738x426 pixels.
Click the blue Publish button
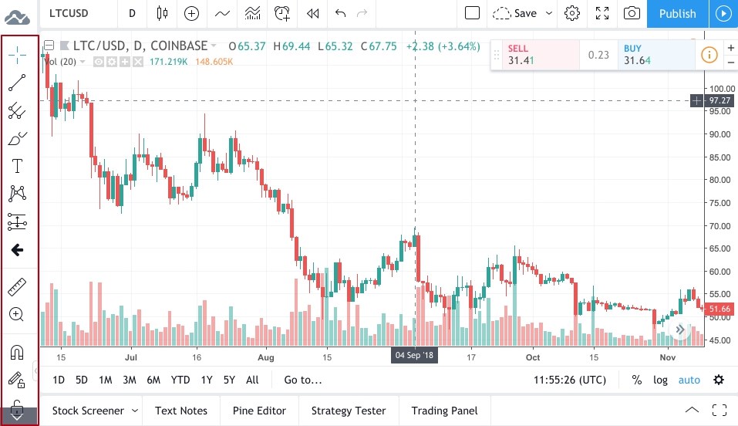tap(677, 13)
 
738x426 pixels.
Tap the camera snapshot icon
tap(632, 13)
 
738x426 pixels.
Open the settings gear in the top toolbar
tap(572, 13)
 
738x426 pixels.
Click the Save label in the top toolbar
tap(525, 13)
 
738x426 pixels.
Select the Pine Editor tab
tap(259, 411)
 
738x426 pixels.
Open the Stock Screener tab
tap(88, 411)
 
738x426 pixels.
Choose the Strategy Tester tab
tap(348, 411)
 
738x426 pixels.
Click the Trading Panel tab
tap(444, 411)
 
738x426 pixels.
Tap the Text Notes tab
tap(181, 411)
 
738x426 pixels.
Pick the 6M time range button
tap(153, 380)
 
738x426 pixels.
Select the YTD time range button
tap(180, 380)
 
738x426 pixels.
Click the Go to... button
tap(303, 380)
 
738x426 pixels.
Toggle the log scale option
tap(660, 380)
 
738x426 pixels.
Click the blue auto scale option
tap(689, 380)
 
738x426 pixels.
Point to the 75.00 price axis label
tap(719, 202)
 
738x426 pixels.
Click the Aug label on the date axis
tap(266, 357)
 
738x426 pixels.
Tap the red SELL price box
tap(534, 55)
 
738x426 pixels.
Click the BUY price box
tap(655, 55)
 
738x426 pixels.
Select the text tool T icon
tap(17, 165)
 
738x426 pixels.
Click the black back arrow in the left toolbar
tap(17, 249)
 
